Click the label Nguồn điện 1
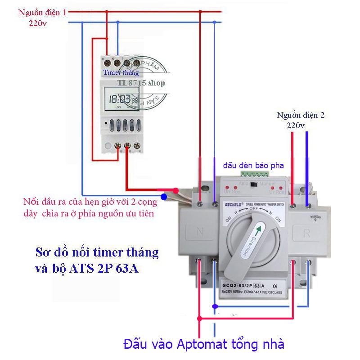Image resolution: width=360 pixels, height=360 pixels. pyautogui.click(x=42, y=13)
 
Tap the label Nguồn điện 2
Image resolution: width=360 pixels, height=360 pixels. pyautogui.click(x=301, y=115)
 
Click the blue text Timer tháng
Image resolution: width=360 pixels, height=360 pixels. pyautogui.click(x=121, y=72)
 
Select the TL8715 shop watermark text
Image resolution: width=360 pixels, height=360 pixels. pyautogui.click(x=141, y=83)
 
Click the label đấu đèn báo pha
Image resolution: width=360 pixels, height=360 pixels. pyautogui.click(x=253, y=165)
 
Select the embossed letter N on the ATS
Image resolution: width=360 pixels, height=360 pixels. pyautogui.click(x=200, y=234)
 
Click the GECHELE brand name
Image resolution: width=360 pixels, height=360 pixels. pyautogui.click(x=231, y=204)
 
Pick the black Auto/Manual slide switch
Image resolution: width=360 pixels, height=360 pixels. pyautogui.click(x=254, y=184)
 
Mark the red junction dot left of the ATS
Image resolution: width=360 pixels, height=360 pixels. pyautogui.click(x=176, y=190)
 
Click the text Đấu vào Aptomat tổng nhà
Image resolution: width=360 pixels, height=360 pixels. pyautogui.click(x=204, y=344)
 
